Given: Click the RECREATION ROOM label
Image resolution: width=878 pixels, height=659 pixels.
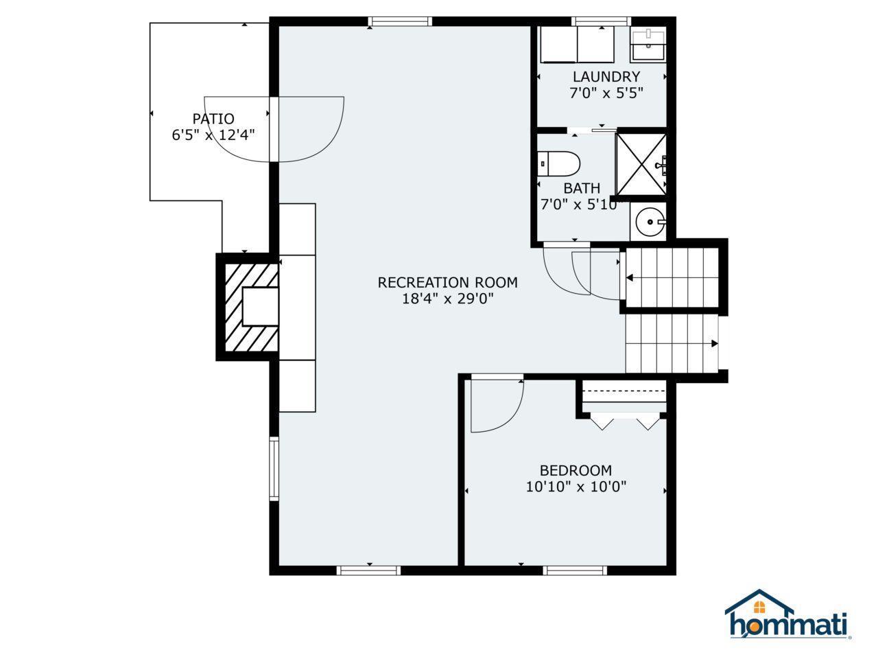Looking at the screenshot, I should click(x=447, y=282).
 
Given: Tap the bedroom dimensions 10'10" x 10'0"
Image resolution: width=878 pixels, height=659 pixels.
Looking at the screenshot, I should click(x=576, y=487).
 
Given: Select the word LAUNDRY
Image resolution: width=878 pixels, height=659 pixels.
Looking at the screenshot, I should click(x=606, y=77).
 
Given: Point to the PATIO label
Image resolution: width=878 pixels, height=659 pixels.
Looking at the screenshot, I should click(x=213, y=119).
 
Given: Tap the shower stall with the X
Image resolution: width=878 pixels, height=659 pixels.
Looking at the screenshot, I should click(x=641, y=164).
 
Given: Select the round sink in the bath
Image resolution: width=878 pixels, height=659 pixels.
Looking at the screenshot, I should click(x=648, y=222).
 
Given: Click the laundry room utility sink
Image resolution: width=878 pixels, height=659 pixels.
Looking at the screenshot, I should click(x=648, y=45).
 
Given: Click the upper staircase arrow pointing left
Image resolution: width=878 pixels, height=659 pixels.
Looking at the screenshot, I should click(x=629, y=278).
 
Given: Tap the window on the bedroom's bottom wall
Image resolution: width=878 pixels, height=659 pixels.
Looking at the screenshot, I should click(x=575, y=570).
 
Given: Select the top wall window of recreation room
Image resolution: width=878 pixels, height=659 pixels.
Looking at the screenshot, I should click(x=400, y=22).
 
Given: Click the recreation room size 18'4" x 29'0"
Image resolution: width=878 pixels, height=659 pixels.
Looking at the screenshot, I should click(x=447, y=299).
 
